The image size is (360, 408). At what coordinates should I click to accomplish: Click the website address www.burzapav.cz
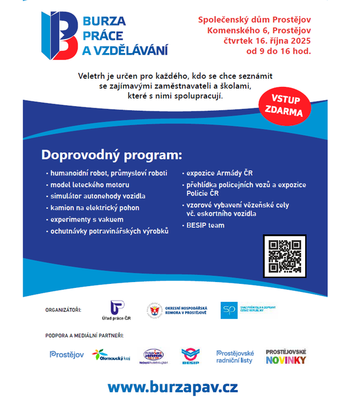[x=172, y=386]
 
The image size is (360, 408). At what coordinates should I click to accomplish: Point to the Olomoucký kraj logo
[x=110, y=355]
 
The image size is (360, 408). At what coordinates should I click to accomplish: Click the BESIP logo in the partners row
[x=190, y=355]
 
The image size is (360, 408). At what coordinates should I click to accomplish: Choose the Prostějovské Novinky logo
[x=286, y=356]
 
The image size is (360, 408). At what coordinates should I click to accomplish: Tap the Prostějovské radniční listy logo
[x=235, y=356]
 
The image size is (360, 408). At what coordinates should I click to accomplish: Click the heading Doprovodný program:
[x=111, y=156]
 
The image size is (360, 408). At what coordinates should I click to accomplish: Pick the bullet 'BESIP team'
[x=205, y=225]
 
